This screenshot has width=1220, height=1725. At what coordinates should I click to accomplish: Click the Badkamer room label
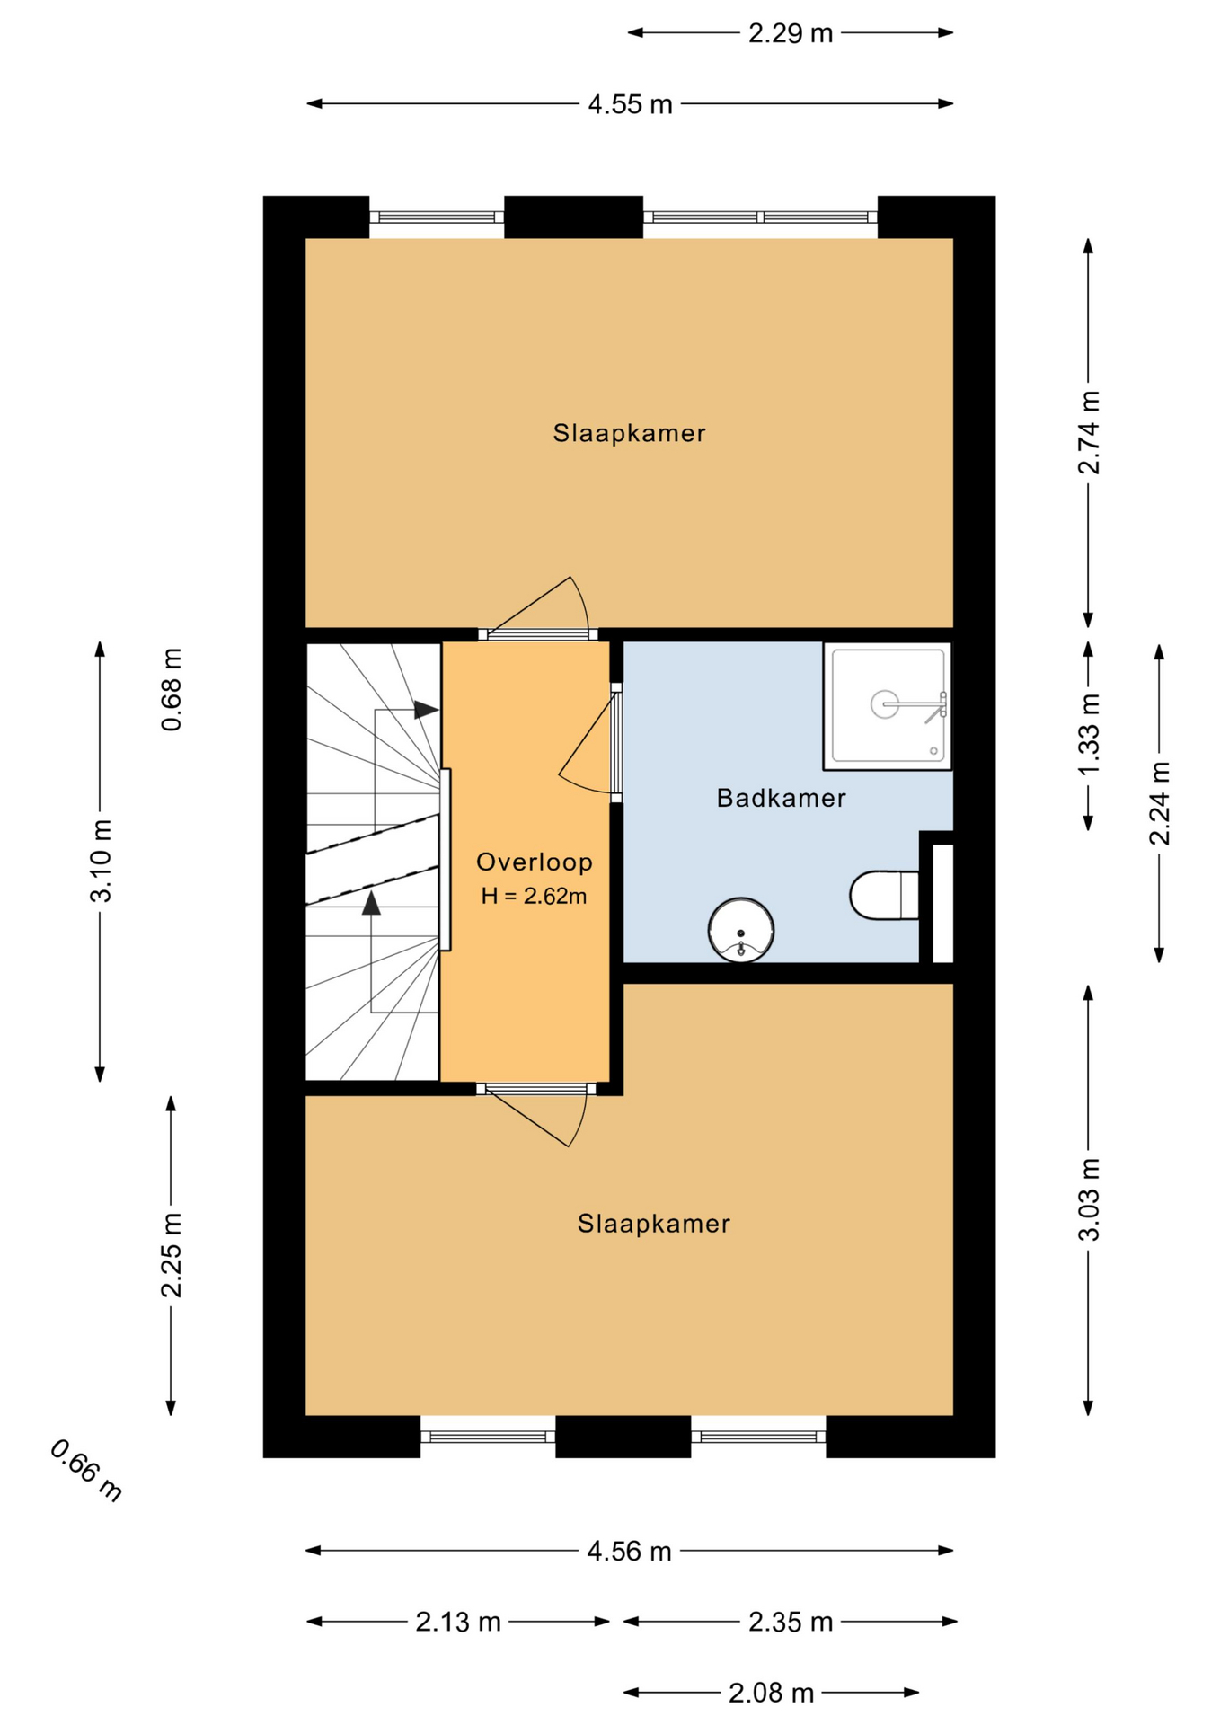(781, 798)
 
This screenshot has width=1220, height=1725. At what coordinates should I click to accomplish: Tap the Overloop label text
(535, 862)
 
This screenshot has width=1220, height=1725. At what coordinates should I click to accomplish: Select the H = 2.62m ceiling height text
(534, 896)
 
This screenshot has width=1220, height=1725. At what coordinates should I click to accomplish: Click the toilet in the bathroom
(884, 895)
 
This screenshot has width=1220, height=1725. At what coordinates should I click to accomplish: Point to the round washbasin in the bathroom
(741, 930)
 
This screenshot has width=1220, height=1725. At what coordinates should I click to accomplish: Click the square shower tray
(888, 705)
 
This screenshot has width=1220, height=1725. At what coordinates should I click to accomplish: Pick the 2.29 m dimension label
(791, 33)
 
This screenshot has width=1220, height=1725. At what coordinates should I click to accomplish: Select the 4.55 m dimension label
(630, 104)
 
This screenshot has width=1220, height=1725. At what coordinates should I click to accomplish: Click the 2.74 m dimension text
(1089, 433)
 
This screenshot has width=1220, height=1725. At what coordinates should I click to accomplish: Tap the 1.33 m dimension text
(1089, 736)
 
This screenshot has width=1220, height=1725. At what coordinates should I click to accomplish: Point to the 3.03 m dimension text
(1089, 1200)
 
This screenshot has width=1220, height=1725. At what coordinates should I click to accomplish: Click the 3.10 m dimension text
(100, 861)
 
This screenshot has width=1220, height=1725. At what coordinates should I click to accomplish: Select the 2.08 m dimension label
(771, 1693)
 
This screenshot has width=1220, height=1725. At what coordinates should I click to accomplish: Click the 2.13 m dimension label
(458, 1622)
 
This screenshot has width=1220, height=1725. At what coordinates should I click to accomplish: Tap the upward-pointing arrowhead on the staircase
(371, 902)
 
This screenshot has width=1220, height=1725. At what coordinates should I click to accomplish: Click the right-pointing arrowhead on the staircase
(426, 710)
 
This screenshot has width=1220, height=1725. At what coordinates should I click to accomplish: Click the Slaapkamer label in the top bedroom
(629, 433)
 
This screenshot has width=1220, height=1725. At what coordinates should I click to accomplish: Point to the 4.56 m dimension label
(629, 1551)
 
